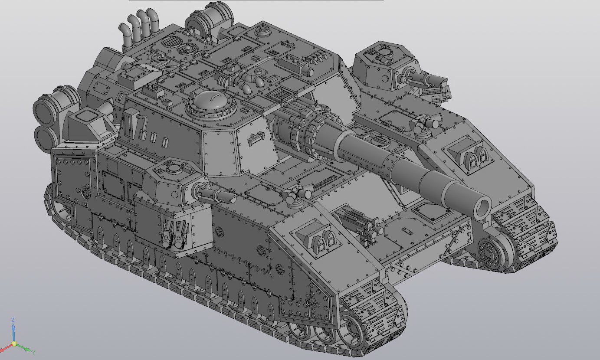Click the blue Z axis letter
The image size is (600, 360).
(13, 320)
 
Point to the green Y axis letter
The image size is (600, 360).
(34, 352)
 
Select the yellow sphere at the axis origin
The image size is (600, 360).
(14, 344)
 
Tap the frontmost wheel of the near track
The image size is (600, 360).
(351, 330)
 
